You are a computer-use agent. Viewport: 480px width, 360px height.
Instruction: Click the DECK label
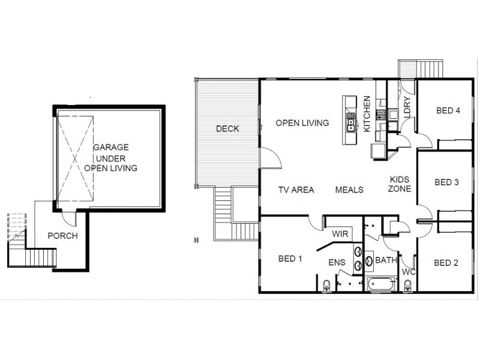227,128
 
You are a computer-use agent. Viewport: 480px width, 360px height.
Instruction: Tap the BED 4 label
448,110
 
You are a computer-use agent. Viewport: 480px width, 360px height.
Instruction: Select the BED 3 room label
446,182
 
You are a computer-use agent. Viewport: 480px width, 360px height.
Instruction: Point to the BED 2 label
446,263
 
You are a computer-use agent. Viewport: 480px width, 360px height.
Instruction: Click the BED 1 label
290,259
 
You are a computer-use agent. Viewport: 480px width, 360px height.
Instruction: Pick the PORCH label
63,236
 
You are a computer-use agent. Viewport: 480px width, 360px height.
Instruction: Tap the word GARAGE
111,148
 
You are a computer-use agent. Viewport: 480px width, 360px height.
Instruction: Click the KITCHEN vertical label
367,114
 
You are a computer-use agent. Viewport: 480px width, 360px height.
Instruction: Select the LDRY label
407,107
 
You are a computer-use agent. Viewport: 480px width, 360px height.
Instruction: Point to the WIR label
340,234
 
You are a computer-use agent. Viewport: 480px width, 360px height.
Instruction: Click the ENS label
337,263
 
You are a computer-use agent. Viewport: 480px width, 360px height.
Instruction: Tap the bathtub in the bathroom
380,284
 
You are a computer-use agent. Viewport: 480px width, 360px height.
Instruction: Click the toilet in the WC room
408,286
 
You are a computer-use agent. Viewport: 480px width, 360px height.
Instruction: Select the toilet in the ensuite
326,286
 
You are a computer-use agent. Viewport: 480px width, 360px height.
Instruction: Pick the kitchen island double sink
351,125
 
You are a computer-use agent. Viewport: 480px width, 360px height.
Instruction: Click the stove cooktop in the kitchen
380,115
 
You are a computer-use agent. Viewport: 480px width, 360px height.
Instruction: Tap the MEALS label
349,190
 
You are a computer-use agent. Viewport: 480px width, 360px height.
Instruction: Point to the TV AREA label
296,190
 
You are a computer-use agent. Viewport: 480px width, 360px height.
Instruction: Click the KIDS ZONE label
400,184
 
